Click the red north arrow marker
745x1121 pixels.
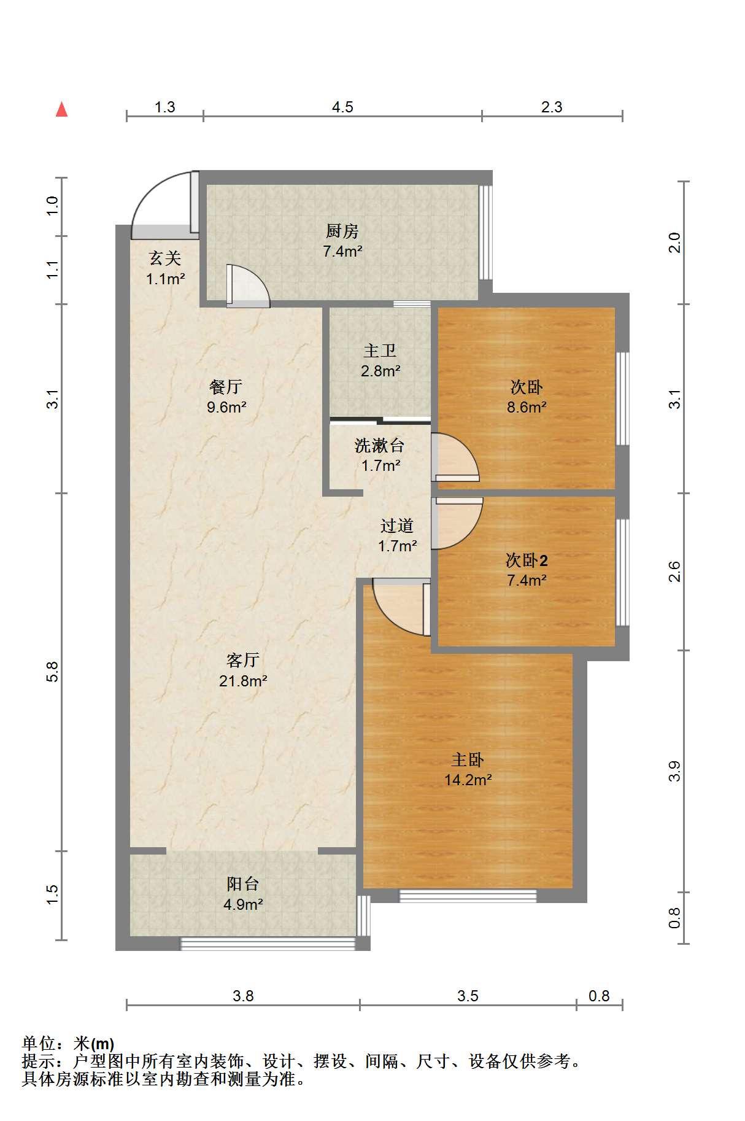point(61,109)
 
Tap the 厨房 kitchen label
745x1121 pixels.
point(342,231)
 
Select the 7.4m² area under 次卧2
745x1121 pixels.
point(527,580)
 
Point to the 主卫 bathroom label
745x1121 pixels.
point(380,351)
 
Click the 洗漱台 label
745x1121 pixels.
point(380,446)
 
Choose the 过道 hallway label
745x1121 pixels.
point(397,526)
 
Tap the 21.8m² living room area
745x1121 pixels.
point(243,681)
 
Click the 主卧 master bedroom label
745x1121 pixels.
point(468,760)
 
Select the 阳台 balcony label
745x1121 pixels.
point(243,884)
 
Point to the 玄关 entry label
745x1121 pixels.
point(165,258)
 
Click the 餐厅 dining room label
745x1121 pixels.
point(226,387)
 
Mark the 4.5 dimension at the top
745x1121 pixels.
point(342,107)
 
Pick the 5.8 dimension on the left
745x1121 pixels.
point(53,672)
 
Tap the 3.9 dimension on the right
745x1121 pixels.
point(675,771)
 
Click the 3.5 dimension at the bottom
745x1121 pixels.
point(468,996)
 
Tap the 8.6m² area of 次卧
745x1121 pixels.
point(527,407)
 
